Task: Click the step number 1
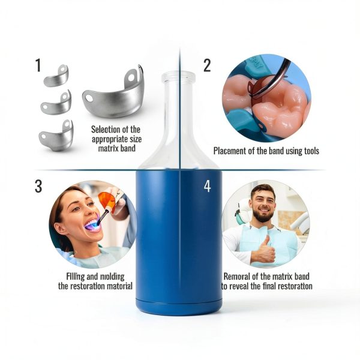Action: tap(38, 65)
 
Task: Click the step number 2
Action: tap(207, 65)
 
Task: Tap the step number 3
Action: tap(38, 186)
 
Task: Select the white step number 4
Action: tap(208, 186)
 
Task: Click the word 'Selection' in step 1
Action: tap(102, 130)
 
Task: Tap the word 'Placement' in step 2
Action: tap(230, 151)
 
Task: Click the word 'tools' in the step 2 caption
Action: tap(311, 151)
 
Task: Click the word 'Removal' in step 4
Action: tap(236, 276)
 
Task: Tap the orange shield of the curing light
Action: tap(106, 199)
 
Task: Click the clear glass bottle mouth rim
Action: tap(178, 76)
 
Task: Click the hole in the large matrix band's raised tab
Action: tap(131, 77)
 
